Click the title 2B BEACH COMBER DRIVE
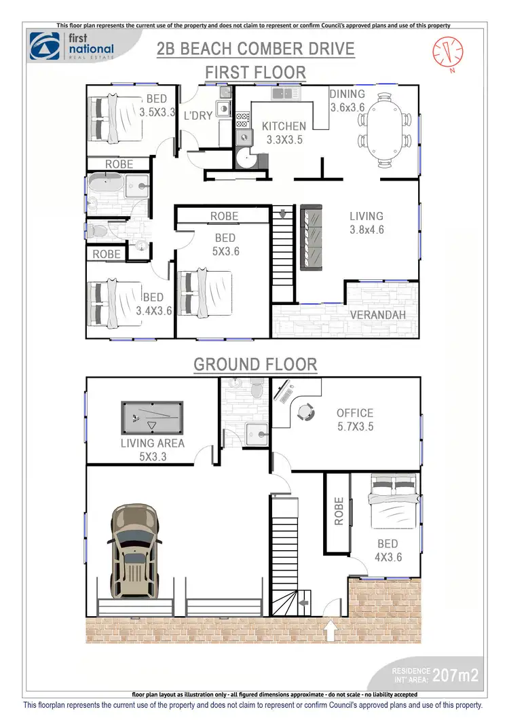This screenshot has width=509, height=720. (255, 49)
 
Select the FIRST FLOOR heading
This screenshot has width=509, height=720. (255, 72)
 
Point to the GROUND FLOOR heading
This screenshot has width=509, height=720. (255, 364)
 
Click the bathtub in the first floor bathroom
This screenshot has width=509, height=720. (106, 184)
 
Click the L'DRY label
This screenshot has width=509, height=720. (198, 115)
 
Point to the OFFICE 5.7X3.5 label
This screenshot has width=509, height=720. (355, 420)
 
